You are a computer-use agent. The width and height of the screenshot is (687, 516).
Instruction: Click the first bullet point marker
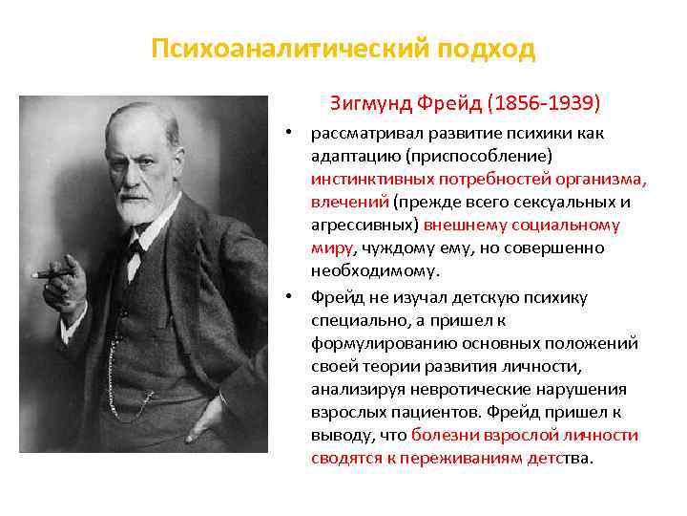298,132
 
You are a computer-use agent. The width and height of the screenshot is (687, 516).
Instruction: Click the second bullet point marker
298,297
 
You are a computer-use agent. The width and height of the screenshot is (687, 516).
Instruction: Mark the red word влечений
349,203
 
